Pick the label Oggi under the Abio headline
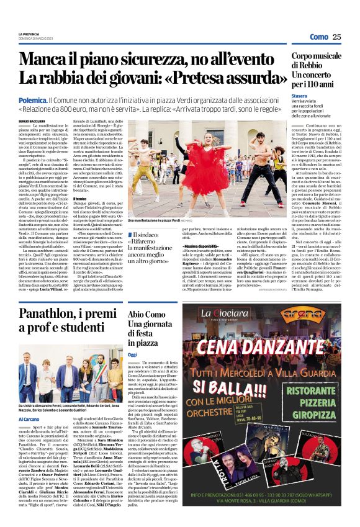point(132,354)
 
